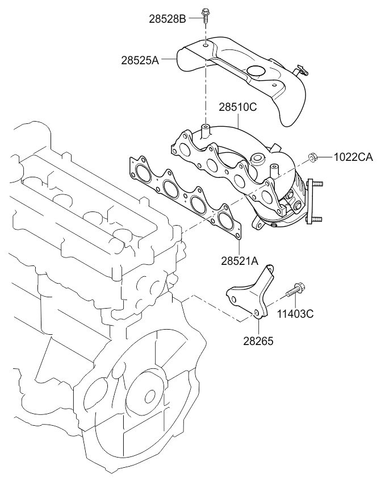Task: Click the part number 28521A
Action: (240, 261)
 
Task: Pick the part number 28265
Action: (259, 341)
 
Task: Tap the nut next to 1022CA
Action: (312, 156)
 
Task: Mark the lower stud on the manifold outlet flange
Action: (317, 218)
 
